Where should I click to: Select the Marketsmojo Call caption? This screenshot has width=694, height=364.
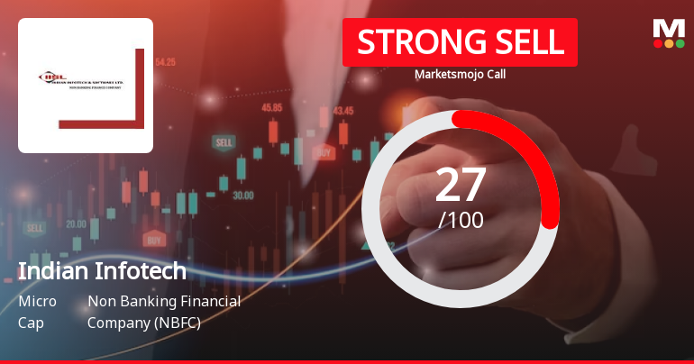point(460,74)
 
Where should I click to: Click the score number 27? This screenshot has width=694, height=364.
point(461,185)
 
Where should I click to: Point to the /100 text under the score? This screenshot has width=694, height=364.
point(461,219)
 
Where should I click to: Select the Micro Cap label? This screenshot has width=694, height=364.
point(37,312)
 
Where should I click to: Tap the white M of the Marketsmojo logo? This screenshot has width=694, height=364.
point(668,28)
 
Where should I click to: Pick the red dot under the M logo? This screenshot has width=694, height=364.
point(657,43)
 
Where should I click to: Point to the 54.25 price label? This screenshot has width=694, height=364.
point(165,62)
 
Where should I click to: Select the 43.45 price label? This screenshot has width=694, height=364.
point(342,111)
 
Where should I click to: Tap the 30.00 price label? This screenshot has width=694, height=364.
point(242,195)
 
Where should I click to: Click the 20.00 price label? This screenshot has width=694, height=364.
point(76,223)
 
